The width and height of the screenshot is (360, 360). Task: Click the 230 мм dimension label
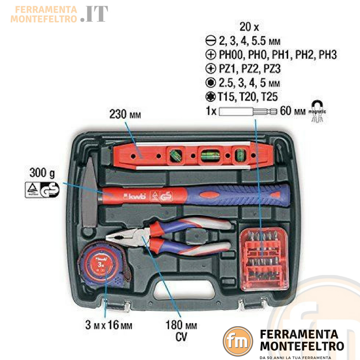125,115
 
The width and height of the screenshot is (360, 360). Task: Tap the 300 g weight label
42,173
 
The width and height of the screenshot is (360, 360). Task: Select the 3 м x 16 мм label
108,325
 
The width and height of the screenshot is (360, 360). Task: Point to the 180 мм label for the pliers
181,325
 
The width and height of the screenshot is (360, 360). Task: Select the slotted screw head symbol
210,41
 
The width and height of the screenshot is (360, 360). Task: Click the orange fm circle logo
237,341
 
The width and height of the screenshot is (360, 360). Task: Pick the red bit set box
263,260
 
